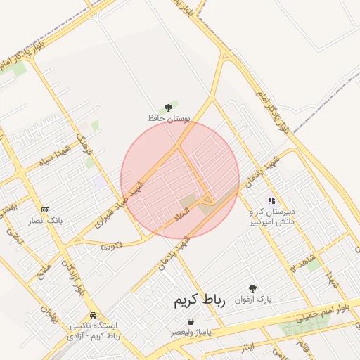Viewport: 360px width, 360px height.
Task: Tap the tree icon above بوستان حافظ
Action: click(x=167, y=107)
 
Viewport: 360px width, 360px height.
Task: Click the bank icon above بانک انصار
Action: click(x=46, y=210)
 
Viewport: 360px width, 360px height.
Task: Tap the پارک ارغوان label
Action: click(x=253, y=299)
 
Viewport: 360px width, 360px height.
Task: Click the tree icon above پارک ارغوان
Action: click(x=252, y=288)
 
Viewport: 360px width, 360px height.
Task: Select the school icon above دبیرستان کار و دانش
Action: click(x=271, y=201)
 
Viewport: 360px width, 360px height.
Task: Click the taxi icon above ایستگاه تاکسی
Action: click(x=94, y=316)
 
